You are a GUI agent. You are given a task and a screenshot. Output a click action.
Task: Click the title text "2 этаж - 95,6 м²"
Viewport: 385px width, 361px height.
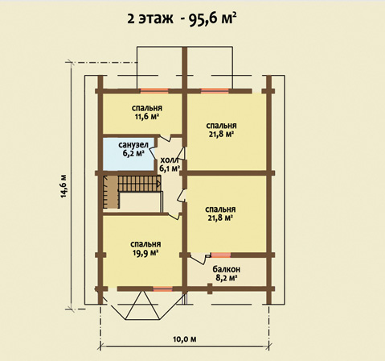click(x=182, y=19)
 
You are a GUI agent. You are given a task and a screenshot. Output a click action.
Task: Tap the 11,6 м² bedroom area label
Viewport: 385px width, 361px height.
click(x=147, y=118)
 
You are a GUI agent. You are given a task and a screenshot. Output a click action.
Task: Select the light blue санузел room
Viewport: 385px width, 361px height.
click(x=129, y=154)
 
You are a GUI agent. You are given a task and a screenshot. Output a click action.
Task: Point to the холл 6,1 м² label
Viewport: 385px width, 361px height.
click(x=170, y=164)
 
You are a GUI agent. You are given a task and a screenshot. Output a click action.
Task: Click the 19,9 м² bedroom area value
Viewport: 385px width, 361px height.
click(x=145, y=253)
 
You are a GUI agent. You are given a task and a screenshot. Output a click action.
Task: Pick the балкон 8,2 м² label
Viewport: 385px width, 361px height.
click(x=227, y=273)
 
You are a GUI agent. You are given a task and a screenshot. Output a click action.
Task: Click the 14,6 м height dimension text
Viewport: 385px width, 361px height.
click(x=63, y=186)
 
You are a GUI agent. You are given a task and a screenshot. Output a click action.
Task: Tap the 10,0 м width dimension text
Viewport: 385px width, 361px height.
click(x=185, y=339)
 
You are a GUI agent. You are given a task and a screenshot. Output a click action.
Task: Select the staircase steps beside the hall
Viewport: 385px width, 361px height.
click(x=139, y=184)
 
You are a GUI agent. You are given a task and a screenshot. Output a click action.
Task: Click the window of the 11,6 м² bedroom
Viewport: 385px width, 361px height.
click(x=154, y=91)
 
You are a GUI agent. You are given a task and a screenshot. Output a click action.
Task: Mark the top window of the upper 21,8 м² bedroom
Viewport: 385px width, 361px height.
click(x=215, y=91)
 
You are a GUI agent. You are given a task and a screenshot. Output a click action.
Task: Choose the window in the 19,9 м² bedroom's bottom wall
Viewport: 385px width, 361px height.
click(x=162, y=288)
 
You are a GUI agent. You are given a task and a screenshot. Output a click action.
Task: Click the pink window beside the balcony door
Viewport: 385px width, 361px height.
click(x=221, y=255)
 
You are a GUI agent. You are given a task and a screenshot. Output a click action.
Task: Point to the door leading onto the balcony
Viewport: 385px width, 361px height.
click(x=199, y=259)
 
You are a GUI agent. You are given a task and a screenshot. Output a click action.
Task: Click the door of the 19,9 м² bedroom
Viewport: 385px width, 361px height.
click(x=174, y=216)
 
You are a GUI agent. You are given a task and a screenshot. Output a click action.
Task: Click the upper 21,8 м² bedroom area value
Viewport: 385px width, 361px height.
click(x=221, y=135)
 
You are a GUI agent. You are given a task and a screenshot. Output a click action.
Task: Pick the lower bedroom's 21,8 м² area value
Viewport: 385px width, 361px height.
click(x=220, y=218)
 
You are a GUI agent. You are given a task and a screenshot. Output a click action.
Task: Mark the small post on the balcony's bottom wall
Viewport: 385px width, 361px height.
click(x=210, y=288)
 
